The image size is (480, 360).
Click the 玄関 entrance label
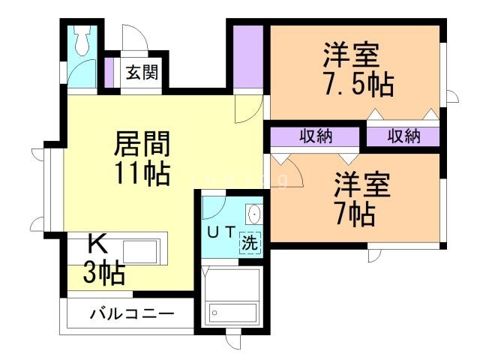(x=140, y=73)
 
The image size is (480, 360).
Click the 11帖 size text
(x=142, y=173)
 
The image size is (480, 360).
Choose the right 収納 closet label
(x=403, y=136)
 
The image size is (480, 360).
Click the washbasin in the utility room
(x=254, y=214)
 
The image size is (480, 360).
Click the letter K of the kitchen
(x=97, y=242)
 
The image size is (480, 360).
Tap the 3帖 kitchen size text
(x=103, y=274)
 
